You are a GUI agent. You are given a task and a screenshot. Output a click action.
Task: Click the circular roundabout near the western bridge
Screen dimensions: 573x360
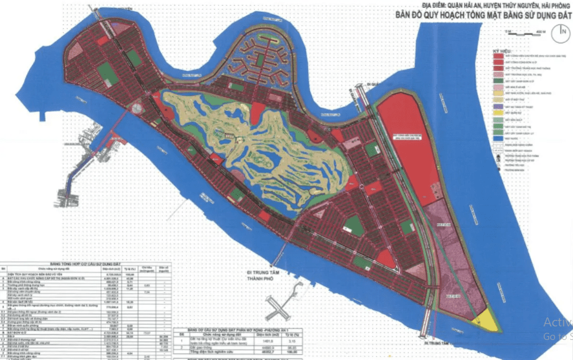[x=138, y=108]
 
